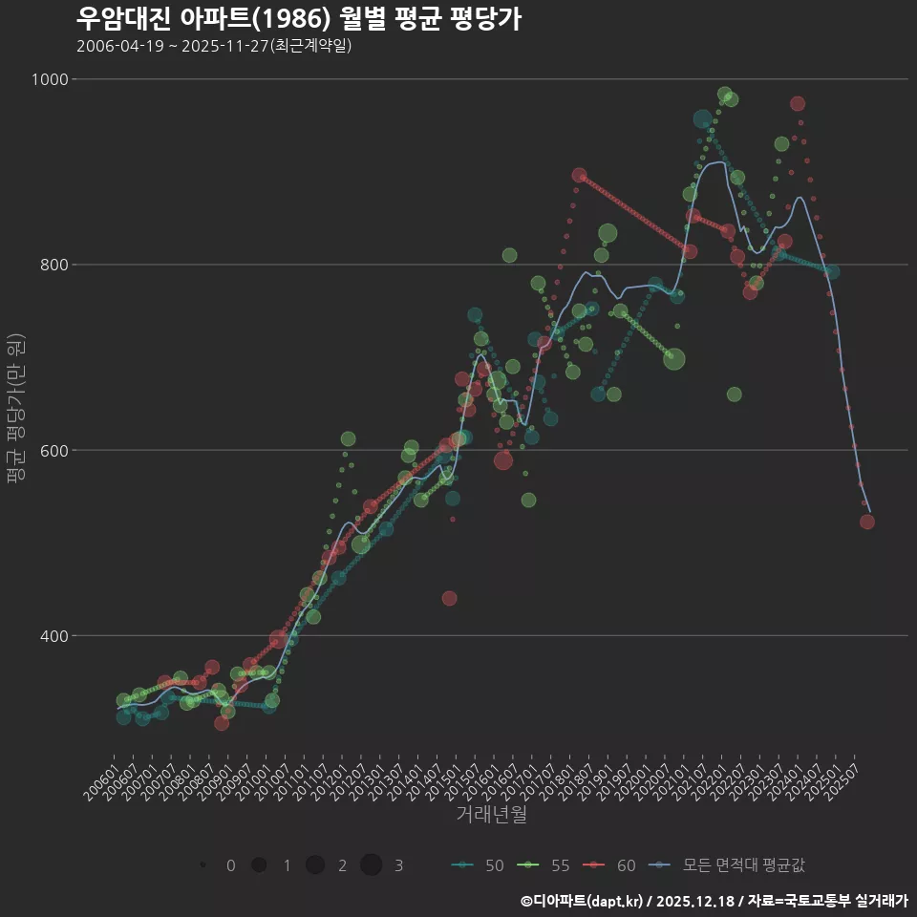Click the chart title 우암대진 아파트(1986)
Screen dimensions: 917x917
click(298, 19)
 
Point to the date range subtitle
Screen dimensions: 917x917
click(214, 46)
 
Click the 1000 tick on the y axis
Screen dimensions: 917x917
click(49, 79)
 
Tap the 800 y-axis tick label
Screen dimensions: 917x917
click(53, 265)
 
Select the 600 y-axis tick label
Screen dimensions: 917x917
click(53, 450)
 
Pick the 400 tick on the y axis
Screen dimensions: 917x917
click(53, 635)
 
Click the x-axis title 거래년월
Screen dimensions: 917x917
click(491, 815)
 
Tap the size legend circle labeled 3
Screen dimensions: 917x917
click(372, 865)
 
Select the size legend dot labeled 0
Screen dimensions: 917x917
click(203, 865)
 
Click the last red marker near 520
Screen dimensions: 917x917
click(867, 522)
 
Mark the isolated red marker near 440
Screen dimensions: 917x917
click(450, 599)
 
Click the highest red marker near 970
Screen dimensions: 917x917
click(798, 104)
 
